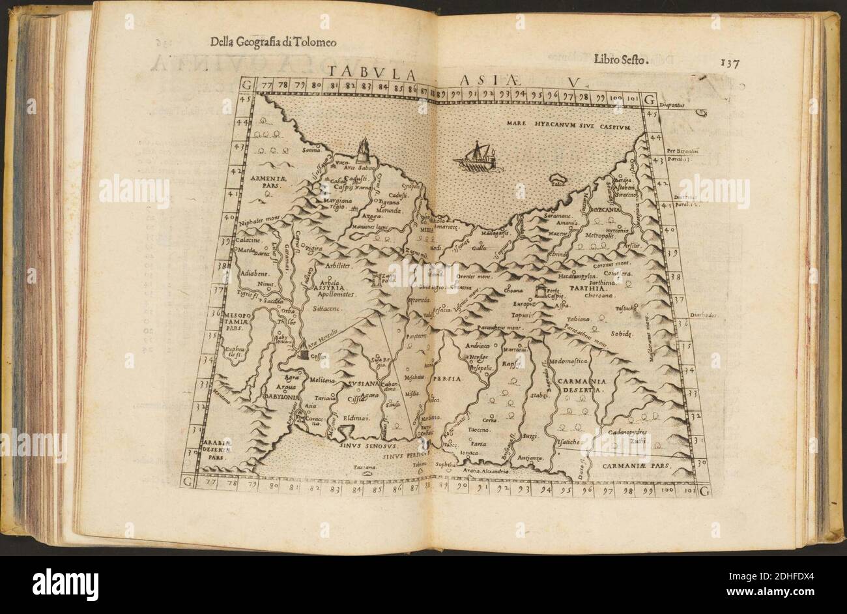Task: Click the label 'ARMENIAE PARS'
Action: pos(263,180)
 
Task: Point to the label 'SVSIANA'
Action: pos(363,384)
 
